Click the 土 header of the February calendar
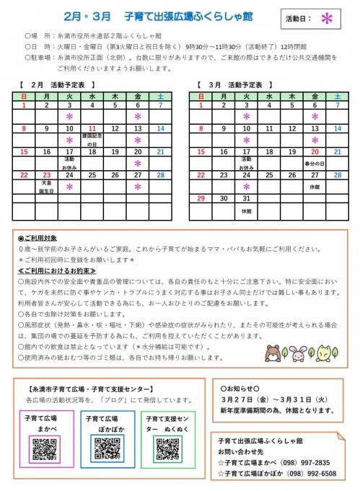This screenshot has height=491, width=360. (159, 96)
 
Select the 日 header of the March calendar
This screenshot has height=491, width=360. (201, 96)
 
